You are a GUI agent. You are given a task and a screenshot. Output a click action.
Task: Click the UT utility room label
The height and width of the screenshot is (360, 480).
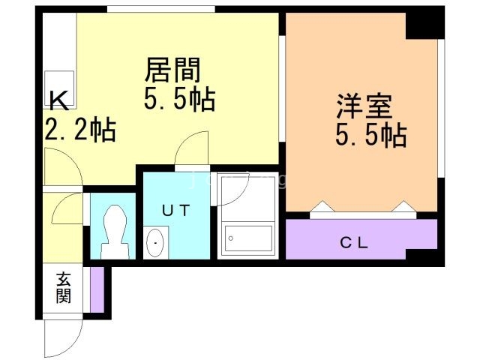177,211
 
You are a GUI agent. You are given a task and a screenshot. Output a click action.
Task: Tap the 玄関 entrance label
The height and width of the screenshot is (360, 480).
62,287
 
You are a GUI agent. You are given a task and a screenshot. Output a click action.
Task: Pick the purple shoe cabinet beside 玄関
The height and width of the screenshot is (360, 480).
96,289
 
